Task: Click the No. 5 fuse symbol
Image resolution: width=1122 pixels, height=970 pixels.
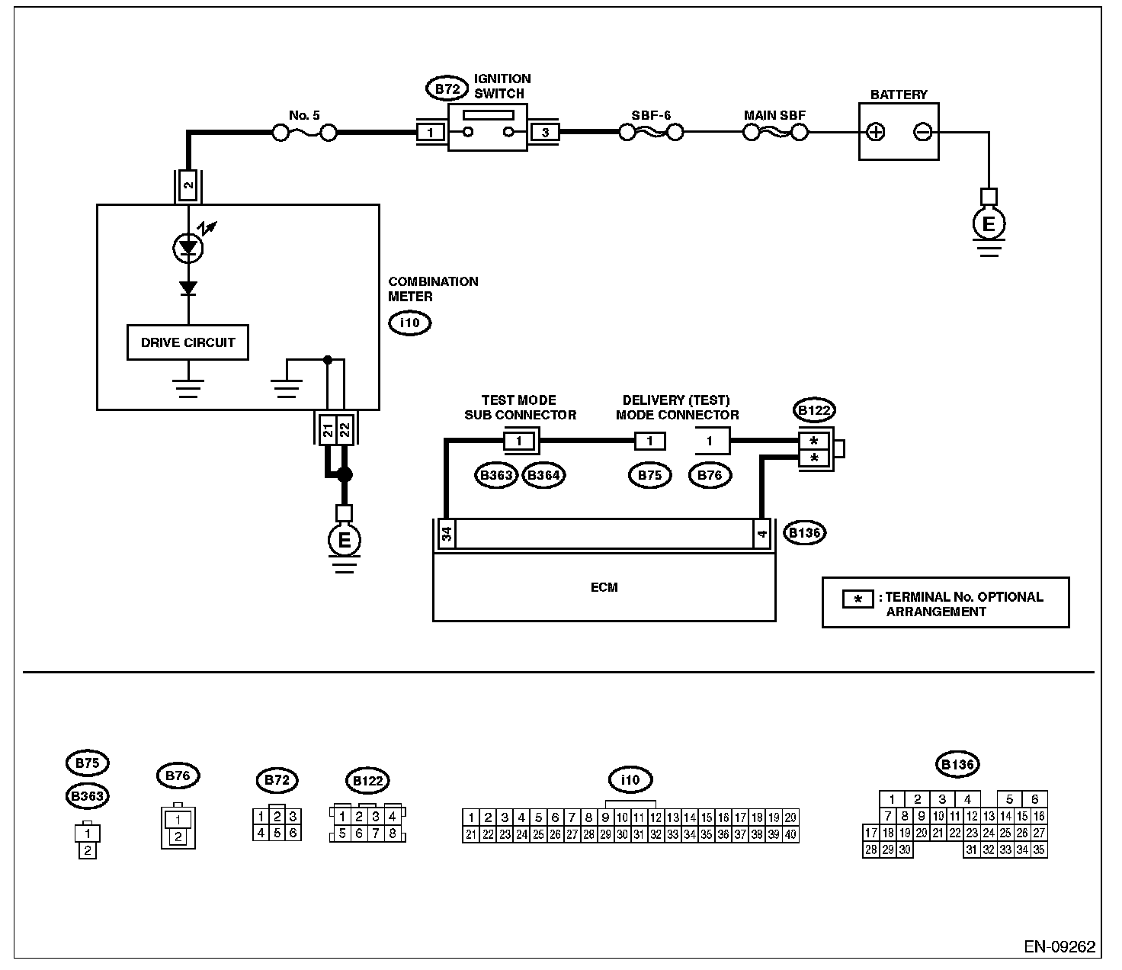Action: tap(304, 133)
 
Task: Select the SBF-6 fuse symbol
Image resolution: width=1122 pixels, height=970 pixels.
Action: tap(651, 132)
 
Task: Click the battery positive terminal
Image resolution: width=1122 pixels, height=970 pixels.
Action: tap(875, 132)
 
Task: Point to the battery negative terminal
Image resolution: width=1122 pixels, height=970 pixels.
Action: tap(923, 132)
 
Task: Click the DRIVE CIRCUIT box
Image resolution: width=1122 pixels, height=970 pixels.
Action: tap(188, 342)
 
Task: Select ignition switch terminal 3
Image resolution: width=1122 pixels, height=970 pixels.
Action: tap(545, 133)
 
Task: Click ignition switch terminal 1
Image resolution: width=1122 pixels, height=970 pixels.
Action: tap(431, 133)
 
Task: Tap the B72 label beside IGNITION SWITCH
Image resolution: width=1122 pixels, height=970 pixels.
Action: tap(447, 88)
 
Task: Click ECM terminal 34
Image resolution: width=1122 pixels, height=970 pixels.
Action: tap(446, 533)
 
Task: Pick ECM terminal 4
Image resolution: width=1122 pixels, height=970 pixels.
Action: tap(761, 533)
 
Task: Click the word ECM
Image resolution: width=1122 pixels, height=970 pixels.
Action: tap(604, 587)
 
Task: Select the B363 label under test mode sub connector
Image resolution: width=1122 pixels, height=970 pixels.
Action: tap(496, 475)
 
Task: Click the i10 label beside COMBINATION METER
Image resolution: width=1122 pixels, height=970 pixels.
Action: tap(410, 323)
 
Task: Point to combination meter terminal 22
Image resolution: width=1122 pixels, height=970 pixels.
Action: tap(345, 430)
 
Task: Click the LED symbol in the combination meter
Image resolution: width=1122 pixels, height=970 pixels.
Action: tap(188, 248)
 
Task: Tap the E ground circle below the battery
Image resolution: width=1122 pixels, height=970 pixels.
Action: tap(989, 223)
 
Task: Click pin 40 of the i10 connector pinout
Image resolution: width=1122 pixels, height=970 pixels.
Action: tap(790, 834)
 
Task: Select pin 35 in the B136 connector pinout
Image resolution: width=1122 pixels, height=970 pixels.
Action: tap(1038, 850)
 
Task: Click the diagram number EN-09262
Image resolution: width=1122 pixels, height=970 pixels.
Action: tap(1059, 946)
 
